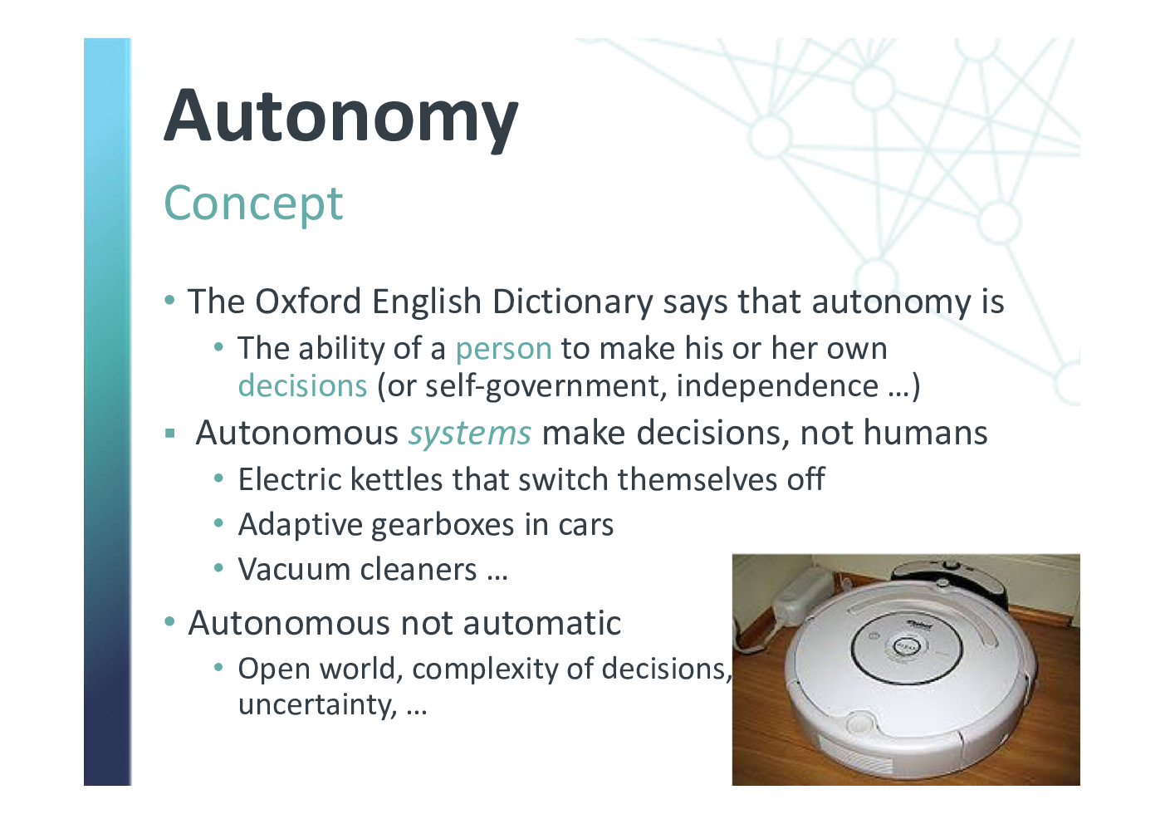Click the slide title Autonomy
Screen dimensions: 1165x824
(340, 118)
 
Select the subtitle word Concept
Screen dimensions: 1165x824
(253, 204)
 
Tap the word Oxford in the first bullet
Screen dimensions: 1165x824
(308, 302)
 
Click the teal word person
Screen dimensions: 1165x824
(503, 350)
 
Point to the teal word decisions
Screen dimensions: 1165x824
(303, 386)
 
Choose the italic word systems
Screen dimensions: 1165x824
(470, 434)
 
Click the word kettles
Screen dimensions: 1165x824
(396, 479)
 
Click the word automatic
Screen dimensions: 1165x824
(542, 623)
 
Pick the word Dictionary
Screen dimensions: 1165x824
(573, 302)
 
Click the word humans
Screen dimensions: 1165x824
(925, 433)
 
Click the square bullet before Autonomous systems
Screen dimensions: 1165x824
(169, 434)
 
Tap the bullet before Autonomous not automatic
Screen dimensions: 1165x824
(169, 621)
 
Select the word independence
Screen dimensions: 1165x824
(777, 386)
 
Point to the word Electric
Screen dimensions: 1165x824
(290, 479)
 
